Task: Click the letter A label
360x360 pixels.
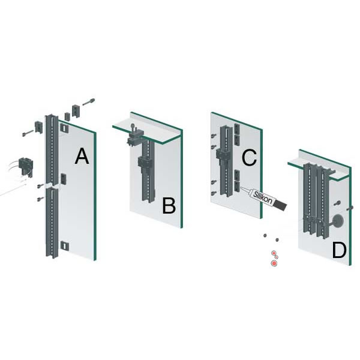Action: [82, 156]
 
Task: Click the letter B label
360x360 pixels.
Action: [169, 206]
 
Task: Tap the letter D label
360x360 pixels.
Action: [339, 250]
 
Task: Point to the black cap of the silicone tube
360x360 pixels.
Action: [281, 205]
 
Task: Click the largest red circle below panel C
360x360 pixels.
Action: [274, 263]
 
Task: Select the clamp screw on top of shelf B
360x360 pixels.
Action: [133, 127]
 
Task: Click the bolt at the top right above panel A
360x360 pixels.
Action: [89, 102]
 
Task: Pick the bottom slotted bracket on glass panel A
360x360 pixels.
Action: [65, 245]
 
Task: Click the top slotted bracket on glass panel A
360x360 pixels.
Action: [65, 128]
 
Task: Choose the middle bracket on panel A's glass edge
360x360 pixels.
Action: [64, 179]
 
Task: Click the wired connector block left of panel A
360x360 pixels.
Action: [26, 167]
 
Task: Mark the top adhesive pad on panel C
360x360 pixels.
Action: [237, 128]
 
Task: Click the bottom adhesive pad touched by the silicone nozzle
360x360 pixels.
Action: [237, 186]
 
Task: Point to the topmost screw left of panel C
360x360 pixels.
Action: [214, 136]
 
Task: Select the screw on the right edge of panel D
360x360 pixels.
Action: [350, 208]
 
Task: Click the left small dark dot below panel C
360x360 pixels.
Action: [265, 236]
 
